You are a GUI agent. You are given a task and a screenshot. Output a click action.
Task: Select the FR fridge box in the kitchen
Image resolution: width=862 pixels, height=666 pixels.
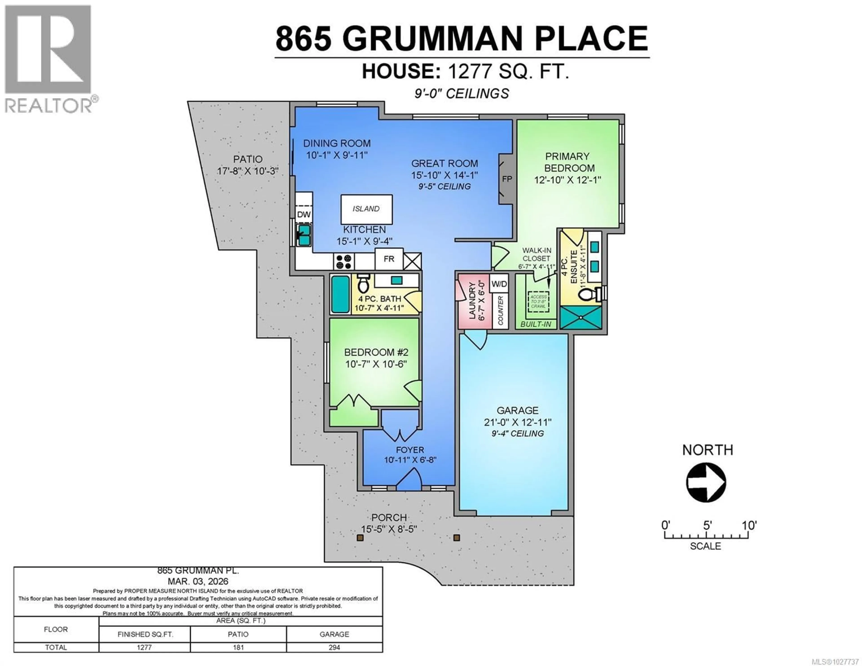(x=389, y=259)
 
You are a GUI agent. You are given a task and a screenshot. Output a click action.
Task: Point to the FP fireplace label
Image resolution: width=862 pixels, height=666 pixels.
(x=507, y=179)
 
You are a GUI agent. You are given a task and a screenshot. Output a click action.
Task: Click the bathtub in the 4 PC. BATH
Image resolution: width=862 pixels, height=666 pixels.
(x=340, y=294)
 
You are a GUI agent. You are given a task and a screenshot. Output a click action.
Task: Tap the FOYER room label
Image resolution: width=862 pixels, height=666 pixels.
(x=410, y=450)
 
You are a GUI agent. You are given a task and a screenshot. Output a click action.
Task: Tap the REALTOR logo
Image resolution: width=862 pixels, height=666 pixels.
(x=48, y=59)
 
